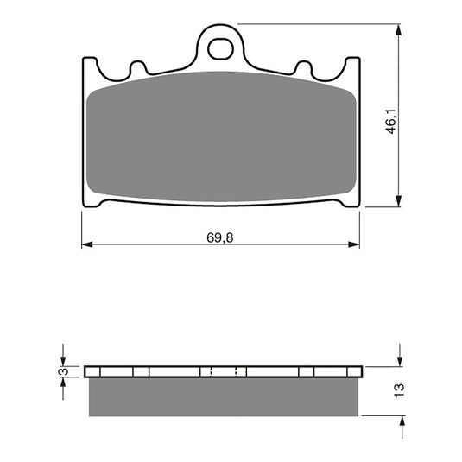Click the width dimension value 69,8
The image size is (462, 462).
pos(220,237)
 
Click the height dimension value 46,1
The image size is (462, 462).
pos(390,120)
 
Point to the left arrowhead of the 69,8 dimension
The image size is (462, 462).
pos(86,245)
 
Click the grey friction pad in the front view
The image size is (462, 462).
pos(220,138)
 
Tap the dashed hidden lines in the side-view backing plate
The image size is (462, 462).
pos(223,372)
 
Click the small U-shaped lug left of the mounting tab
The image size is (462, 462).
pos(136,67)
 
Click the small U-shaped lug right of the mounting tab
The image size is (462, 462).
pos(303,67)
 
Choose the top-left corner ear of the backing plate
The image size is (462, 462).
pos(89,65)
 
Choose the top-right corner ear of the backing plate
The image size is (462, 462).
pos(351,65)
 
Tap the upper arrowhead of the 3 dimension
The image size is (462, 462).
pos(62,360)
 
